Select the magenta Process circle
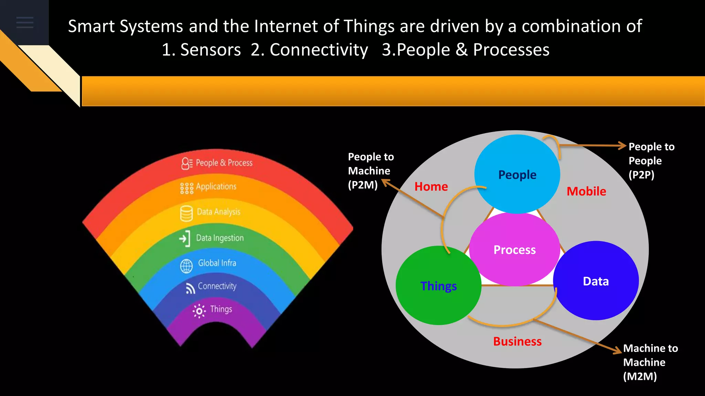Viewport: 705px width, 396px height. (514, 250)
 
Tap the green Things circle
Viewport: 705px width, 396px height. (438, 286)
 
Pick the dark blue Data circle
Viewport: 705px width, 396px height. (596, 281)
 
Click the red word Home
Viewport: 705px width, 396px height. (431, 186)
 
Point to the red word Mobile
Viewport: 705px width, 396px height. (586, 191)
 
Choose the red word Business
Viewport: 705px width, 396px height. (517, 341)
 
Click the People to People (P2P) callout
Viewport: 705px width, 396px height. (651, 161)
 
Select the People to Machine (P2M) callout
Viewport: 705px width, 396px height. (370, 171)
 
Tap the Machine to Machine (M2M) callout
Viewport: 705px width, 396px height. (650, 362)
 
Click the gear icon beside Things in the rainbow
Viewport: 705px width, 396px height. (199, 311)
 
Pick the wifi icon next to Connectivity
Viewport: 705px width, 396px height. (190, 288)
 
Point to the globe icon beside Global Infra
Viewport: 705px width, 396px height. (187, 266)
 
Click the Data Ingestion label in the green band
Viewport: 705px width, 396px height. (220, 238)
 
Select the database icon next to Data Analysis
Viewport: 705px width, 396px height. (187, 213)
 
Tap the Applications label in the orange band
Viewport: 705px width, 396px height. (216, 187)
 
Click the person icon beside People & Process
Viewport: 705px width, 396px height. (187, 164)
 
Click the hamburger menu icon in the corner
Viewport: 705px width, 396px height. (25, 22)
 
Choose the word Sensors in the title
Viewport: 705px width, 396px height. (210, 50)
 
